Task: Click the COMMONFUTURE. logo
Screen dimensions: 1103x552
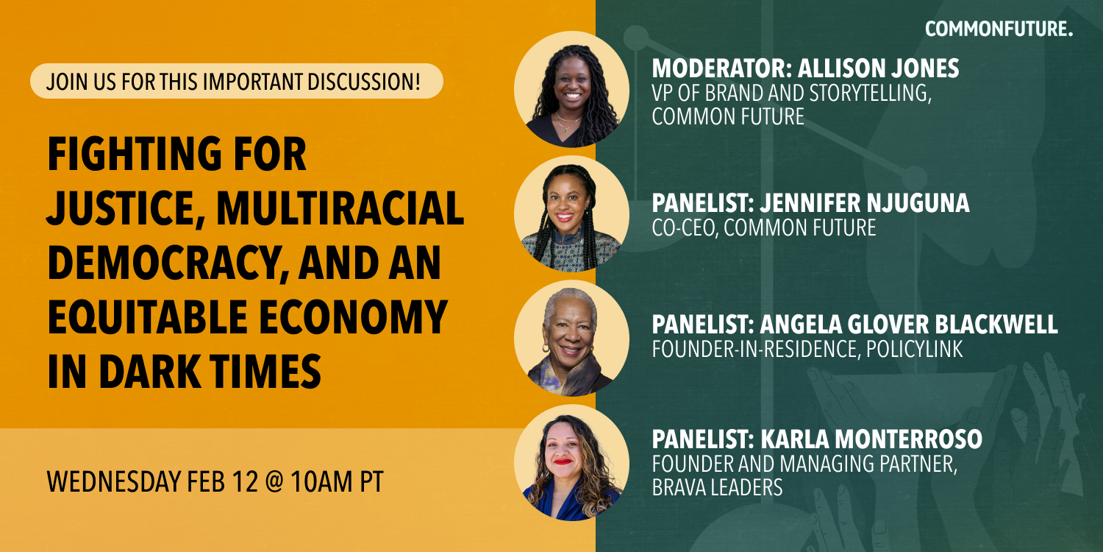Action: [x=999, y=29]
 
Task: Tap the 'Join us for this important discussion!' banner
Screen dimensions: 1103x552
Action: [x=236, y=81]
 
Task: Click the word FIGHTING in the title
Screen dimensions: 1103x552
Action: [x=134, y=155]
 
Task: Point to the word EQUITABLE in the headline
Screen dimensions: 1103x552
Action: [x=147, y=318]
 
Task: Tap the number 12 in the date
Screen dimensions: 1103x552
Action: [x=245, y=481]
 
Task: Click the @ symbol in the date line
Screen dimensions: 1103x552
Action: [x=274, y=482]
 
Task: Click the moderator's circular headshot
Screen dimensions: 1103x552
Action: [x=571, y=89]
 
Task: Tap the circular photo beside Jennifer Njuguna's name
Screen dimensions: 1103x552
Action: [x=571, y=213]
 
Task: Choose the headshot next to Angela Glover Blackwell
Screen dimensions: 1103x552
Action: [x=571, y=338]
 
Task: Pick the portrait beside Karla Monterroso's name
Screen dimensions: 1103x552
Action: [x=571, y=463]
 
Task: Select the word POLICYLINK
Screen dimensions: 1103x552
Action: [x=914, y=349]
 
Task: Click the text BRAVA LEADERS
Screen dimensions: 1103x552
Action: [x=717, y=487]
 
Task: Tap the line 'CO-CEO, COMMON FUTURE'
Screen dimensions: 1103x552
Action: [x=764, y=227]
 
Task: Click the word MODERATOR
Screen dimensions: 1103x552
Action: [x=721, y=68]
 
